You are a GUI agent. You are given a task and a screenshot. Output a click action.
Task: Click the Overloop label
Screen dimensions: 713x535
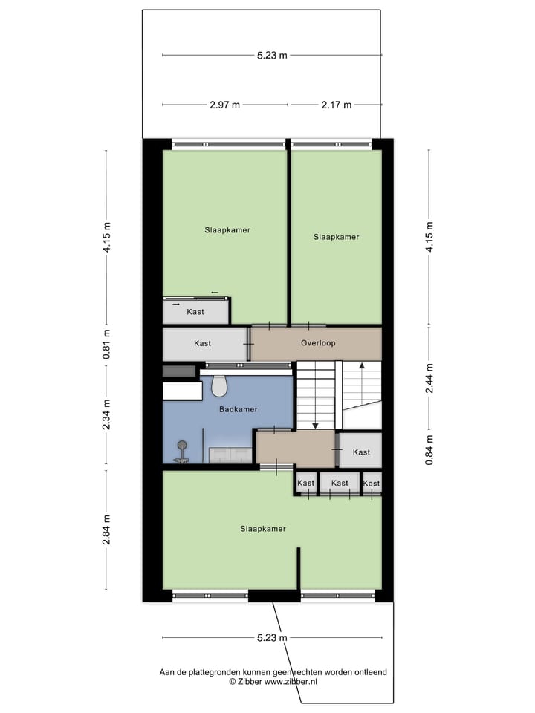(x=318, y=344)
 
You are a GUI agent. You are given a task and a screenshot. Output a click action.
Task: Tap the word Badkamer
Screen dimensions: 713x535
(x=238, y=409)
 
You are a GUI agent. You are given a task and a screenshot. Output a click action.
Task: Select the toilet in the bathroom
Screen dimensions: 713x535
(x=219, y=385)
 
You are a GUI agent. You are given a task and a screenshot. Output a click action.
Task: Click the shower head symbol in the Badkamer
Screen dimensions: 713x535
(x=181, y=446)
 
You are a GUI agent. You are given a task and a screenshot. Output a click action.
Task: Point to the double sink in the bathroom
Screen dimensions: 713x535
(x=230, y=455)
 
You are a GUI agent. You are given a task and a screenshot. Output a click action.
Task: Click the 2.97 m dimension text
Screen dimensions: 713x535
(x=224, y=105)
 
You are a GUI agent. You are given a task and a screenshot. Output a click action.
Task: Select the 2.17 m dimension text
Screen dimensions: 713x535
(x=336, y=105)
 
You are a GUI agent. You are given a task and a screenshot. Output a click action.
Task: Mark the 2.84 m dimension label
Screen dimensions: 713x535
(x=106, y=530)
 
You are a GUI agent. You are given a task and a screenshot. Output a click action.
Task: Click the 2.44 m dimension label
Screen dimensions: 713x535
(x=429, y=379)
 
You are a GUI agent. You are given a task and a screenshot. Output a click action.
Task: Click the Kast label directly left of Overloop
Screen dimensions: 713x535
(x=202, y=344)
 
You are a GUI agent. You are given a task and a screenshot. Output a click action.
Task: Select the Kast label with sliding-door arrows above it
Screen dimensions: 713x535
(x=195, y=312)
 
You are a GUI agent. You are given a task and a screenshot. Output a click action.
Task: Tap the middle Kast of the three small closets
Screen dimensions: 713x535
(x=340, y=484)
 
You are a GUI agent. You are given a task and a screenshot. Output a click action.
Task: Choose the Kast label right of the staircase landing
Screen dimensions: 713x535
(x=361, y=452)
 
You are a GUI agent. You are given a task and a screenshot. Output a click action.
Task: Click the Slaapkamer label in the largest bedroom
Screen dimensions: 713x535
(x=262, y=529)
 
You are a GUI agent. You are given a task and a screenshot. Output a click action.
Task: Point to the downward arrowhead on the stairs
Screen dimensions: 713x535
(x=316, y=426)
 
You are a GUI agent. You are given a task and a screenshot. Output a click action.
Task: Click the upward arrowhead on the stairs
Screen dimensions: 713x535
(x=361, y=365)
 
